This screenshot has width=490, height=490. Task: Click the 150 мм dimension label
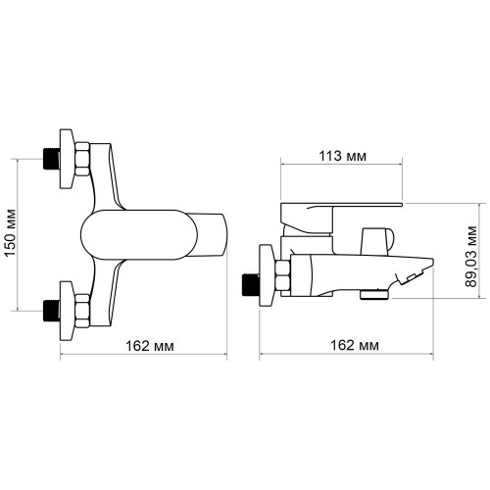pyautogui.click(x=11, y=232)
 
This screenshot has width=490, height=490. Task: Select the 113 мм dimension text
pyautogui.click(x=342, y=157)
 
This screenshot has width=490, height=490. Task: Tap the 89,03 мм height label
pyautogui.click(x=471, y=257)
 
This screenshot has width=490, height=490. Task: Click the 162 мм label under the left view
pyautogui.click(x=150, y=346)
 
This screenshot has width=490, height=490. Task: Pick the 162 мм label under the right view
pyautogui.click(x=355, y=345)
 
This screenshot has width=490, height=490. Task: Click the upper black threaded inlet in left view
pyautogui.click(x=52, y=159)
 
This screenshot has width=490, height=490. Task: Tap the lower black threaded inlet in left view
pyautogui.click(x=52, y=312)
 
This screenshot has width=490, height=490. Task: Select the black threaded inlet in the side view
pyautogui.click(x=250, y=284)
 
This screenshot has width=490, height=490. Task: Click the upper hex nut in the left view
pyautogui.click(x=82, y=159)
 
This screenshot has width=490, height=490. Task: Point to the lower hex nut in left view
pyautogui.click(x=82, y=311)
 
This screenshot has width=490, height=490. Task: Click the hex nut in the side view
pyautogui.click(x=283, y=275)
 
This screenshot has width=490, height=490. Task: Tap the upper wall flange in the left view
pyautogui.click(x=67, y=159)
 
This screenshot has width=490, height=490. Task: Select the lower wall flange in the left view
pyautogui.click(x=67, y=311)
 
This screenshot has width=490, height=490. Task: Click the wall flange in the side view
pyautogui.click(x=267, y=275)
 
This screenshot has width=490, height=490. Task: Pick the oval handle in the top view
pyautogui.click(x=139, y=234)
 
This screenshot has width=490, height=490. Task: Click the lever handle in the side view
pyautogui.click(x=340, y=216)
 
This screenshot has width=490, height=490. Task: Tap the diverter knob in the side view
pyautogui.click(x=377, y=241)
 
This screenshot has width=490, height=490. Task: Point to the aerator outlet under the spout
pyautogui.click(x=374, y=294)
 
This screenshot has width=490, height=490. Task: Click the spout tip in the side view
pyautogui.click(x=432, y=261)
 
